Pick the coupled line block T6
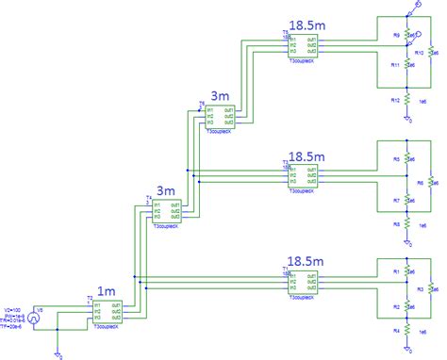coord(221,116)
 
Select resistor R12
coord(407,99)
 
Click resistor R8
coord(407,223)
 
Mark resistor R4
coord(407,331)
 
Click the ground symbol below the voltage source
coord(59,355)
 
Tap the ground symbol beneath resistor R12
coord(407,119)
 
